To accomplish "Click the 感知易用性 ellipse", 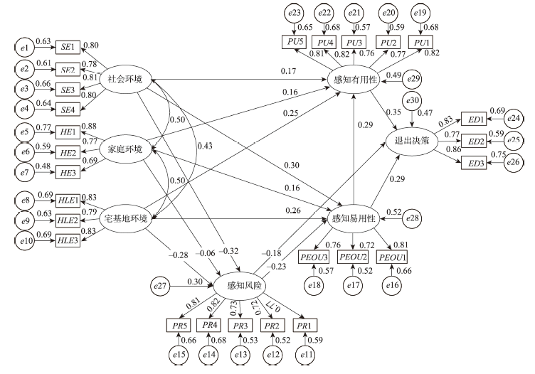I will pyautogui.click(x=354, y=216).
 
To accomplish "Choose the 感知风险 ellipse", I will pyautogui.click(x=245, y=286).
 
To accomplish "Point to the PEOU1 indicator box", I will pyautogui.click(x=392, y=256).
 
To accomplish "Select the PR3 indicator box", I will pyautogui.click(x=241, y=325).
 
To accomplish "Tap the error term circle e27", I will pyautogui.click(x=161, y=286).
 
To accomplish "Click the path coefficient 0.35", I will pyautogui.click(x=392, y=112).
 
